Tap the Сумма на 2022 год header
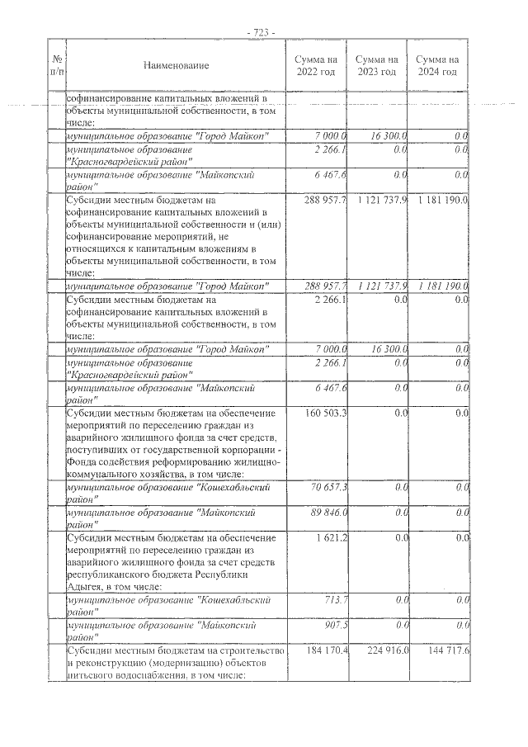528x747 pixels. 317,65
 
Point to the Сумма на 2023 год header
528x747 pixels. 377,65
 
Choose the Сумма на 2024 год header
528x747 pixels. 437,65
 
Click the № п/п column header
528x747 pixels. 58,65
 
